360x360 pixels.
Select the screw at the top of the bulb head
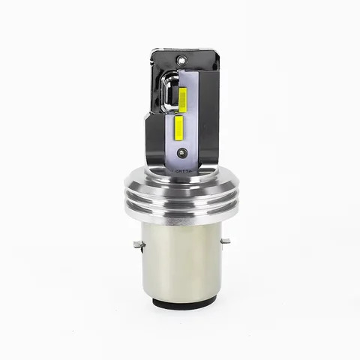pyautogui.click(x=181, y=58)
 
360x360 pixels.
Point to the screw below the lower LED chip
pyautogui.click(x=181, y=153)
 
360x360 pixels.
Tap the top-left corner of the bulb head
pyautogui.click(x=152, y=52)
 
